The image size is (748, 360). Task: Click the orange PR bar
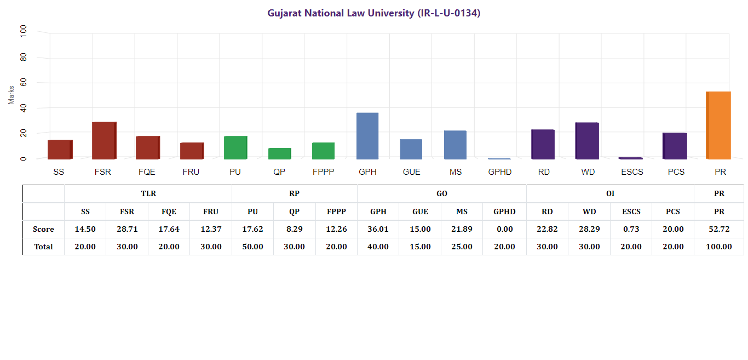[x=718, y=125]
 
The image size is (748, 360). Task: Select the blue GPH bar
[x=367, y=136]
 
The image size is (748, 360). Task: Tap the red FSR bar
[x=103, y=140]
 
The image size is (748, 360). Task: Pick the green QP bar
[x=279, y=153]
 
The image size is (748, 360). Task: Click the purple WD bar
[x=587, y=141]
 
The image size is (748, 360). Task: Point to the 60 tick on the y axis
[x=23, y=83]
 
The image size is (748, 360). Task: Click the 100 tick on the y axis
[x=23, y=31]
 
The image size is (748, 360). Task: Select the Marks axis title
[x=11, y=94]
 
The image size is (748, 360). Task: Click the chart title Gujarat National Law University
[x=373, y=13]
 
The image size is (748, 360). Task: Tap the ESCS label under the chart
[x=632, y=172]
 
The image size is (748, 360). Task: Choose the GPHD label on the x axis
[x=499, y=172]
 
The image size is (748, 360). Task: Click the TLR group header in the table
[x=148, y=194]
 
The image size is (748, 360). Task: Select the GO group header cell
[x=441, y=194]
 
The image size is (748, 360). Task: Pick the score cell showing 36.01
[x=378, y=229]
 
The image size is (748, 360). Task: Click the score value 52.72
[x=719, y=229]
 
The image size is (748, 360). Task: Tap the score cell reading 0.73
[x=631, y=229]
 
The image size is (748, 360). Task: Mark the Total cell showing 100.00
[x=719, y=247]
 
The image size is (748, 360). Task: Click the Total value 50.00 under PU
[x=252, y=247]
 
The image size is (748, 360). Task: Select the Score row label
[x=43, y=229]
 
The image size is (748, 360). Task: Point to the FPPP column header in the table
[x=336, y=212]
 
